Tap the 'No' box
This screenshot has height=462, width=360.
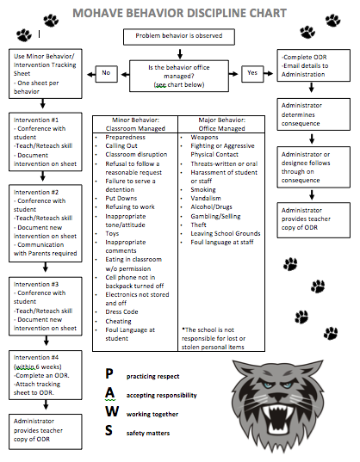click(x=108, y=74)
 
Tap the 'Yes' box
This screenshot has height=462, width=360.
click(x=251, y=74)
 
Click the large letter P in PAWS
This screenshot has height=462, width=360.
click(x=109, y=374)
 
